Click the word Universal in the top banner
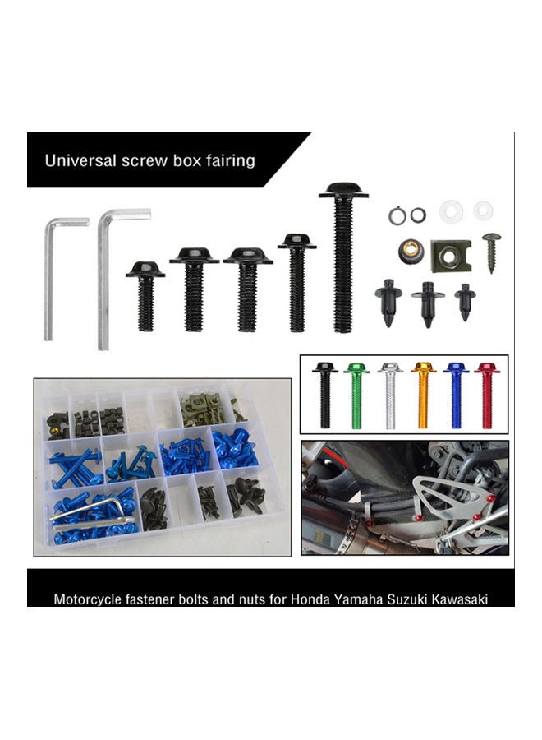coord(80,160)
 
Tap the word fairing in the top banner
coord(227,160)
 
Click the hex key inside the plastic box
coord(90,511)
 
